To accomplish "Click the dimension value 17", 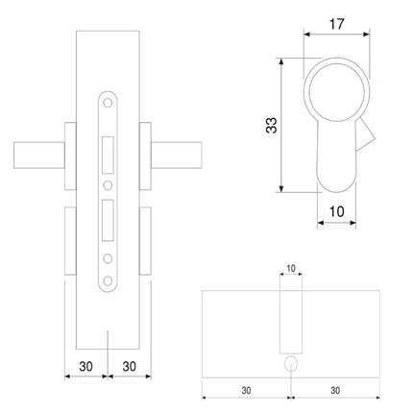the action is click(x=336, y=24).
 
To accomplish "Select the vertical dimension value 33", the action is click(x=272, y=125).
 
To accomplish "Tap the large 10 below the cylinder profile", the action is click(x=336, y=211).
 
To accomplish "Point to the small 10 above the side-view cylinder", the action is click(x=291, y=268).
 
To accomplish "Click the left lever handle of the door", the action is click(x=39, y=156).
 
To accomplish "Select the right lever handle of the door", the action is click(x=177, y=156).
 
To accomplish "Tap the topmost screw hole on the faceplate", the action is click(x=108, y=103).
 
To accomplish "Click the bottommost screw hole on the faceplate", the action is click(x=108, y=281).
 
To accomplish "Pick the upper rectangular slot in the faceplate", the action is click(x=108, y=156).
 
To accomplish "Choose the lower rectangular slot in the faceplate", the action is click(x=108, y=220).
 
